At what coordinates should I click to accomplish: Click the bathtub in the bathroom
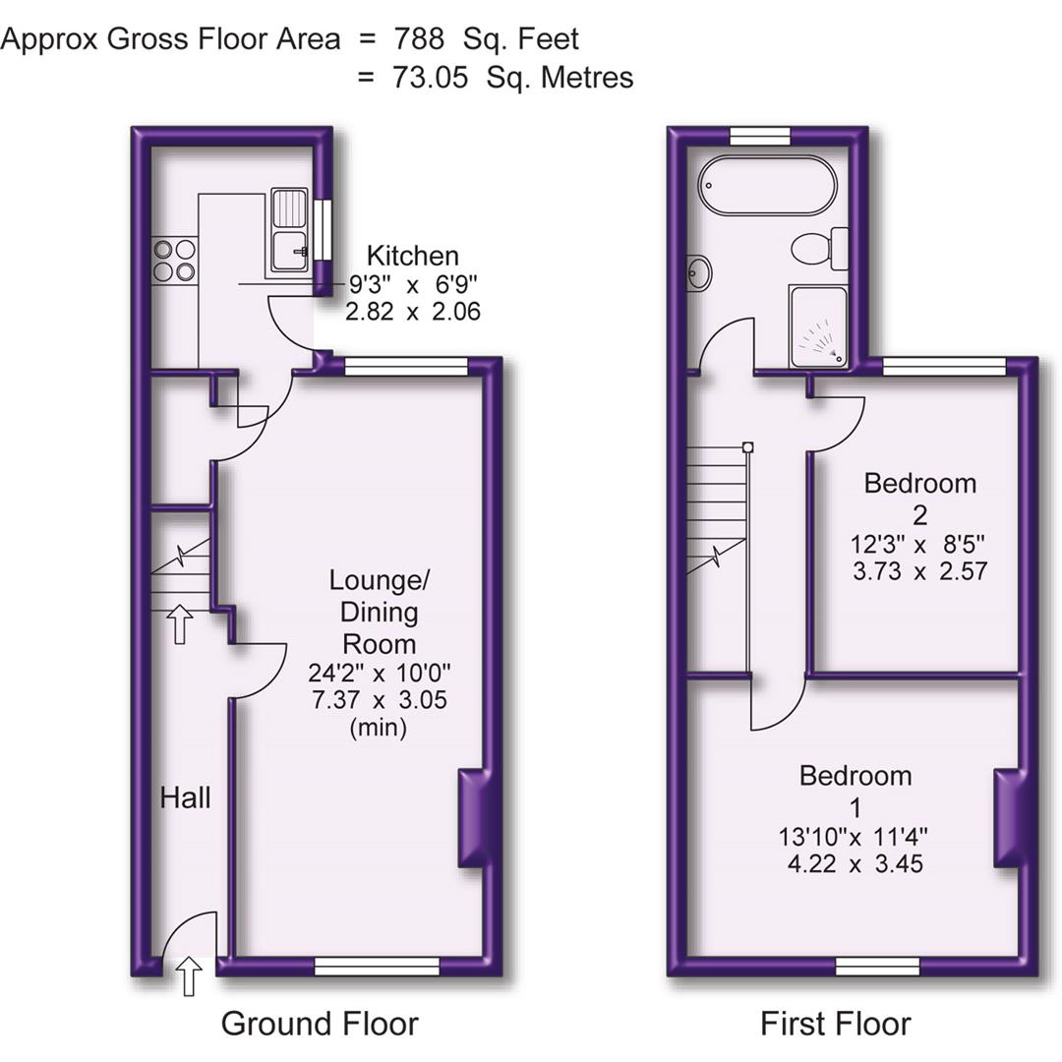click(x=767, y=185)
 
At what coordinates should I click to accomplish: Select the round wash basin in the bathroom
click(x=700, y=273)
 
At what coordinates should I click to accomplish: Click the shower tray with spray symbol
click(x=818, y=327)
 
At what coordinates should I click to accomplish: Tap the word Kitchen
click(x=412, y=257)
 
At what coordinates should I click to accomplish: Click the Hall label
click(x=185, y=797)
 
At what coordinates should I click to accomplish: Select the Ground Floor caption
click(x=320, y=1024)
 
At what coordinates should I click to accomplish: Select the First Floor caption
click(x=835, y=1024)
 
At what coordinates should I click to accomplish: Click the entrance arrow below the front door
click(x=189, y=977)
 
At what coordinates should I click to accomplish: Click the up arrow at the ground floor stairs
click(x=179, y=623)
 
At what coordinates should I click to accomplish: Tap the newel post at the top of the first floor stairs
click(x=748, y=447)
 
